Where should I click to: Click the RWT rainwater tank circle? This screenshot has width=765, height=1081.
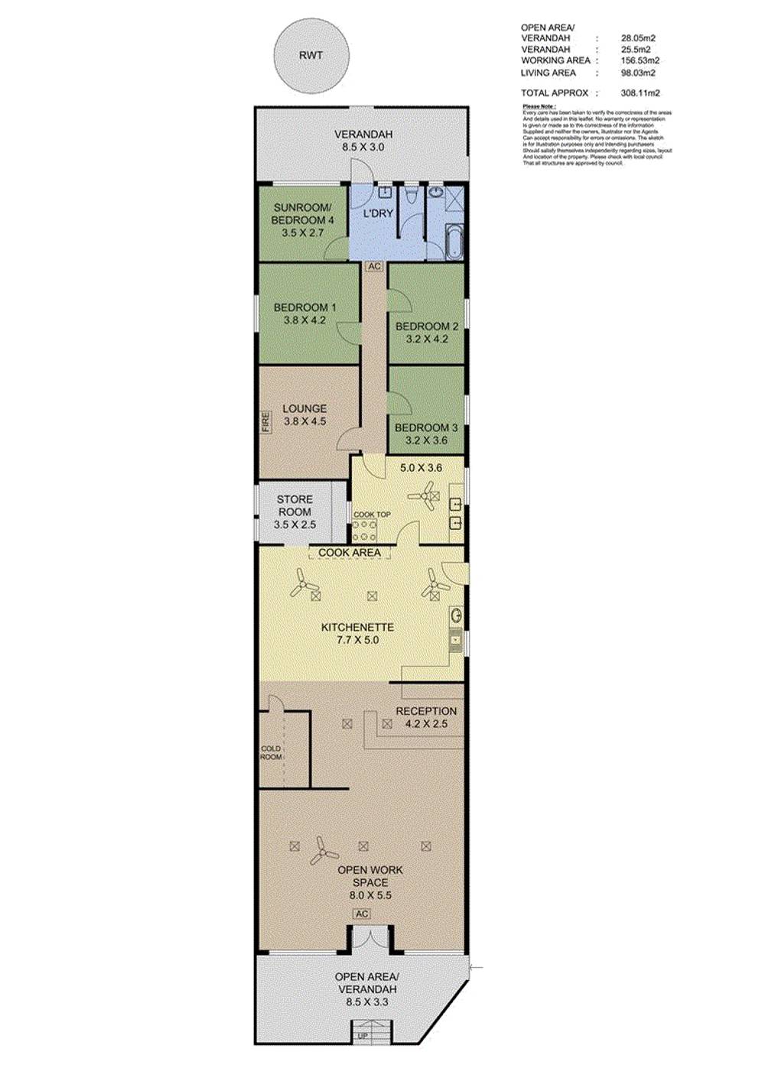click(311, 56)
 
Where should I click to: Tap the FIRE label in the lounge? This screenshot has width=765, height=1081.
click(266, 422)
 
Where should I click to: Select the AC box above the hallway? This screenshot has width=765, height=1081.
click(374, 267)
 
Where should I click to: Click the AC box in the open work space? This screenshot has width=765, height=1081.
click(362, 914)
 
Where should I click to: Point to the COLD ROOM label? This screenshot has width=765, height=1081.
click(271, 752)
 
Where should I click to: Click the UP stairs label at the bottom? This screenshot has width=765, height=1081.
click(363, 1037)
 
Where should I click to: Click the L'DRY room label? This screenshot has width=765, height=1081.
click(378, 213)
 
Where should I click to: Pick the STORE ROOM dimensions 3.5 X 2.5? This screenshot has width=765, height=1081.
click(295, 524)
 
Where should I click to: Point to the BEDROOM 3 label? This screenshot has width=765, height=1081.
click(426, 427)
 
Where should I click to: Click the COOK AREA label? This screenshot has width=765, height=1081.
click(350, 552)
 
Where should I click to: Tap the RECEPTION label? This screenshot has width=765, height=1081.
click(426, 711)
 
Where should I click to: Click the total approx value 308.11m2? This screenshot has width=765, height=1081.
click(640, 93)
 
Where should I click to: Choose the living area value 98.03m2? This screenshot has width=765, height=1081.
click(638, 73)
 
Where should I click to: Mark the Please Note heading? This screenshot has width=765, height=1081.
click(539, 106)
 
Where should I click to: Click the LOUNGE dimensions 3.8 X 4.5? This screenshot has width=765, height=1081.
click(304, 421)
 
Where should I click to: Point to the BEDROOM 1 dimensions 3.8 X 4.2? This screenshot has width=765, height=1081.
click(304, 320)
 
